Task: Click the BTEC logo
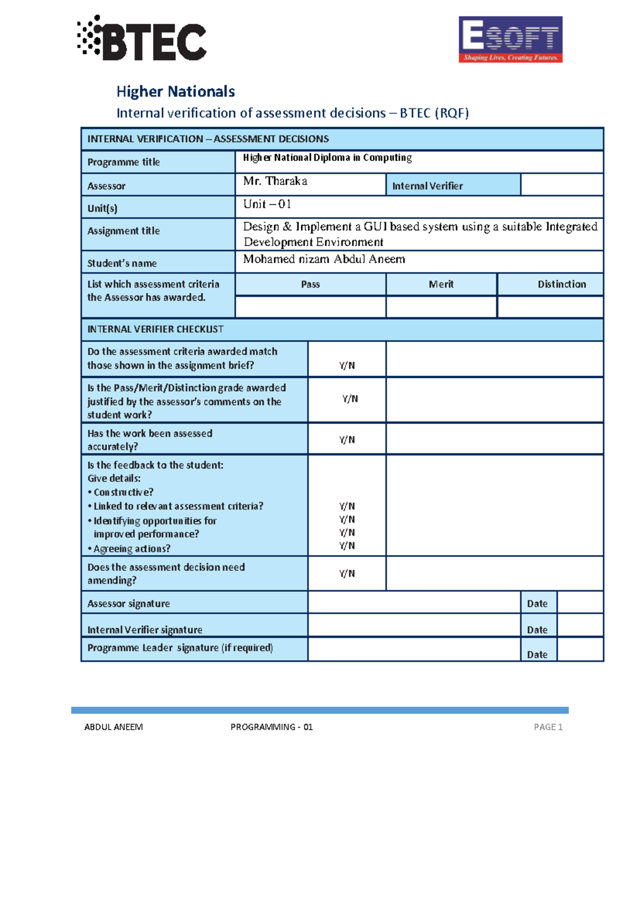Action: (x=142, y=38)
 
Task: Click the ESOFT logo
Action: (x=510, y=39)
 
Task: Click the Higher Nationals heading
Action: (x=175, y=92)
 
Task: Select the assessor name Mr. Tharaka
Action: (x=275, y=181)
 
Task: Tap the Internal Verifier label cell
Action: (x=427, y=186)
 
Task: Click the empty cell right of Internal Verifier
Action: (x=562, y=184)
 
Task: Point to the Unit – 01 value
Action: (x=267, y=204)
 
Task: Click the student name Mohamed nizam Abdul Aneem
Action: (x=324, y=259)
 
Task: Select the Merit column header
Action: (x=441, y=284)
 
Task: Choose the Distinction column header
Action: (x=561, y=284)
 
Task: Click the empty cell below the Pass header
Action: (x=310, y=307)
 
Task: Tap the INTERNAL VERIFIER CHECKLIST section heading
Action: (x=155, y=329)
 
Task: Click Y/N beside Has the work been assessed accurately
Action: (x=347, y=440)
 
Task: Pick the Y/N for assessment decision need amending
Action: (x=347, y=574)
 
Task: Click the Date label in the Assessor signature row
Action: (x=537, y=603)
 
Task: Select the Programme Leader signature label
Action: (x=180, y=648)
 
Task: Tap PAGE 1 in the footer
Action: (x=548, y=727)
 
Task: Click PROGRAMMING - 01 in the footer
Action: (x=271, y=727)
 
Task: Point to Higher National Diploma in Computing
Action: (x=327, y=158)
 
